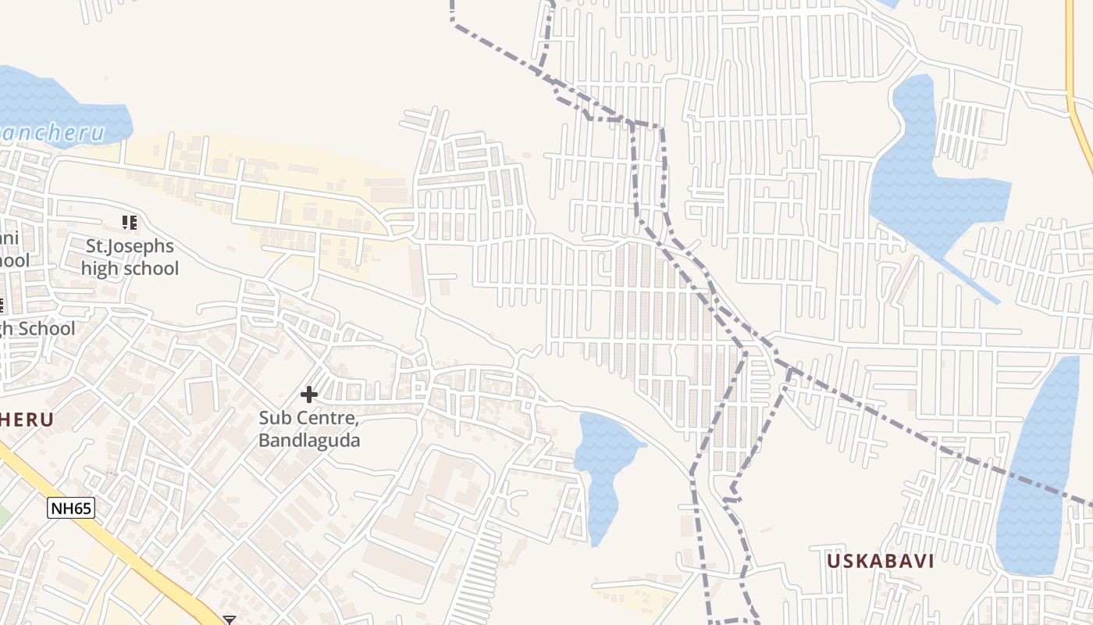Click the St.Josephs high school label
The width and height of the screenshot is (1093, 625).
pos(130,258)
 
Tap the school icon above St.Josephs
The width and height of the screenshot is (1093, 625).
pos(130,223)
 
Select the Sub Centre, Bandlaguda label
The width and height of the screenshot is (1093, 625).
pos(309,430)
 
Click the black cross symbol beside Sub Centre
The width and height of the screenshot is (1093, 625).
pos(309,395)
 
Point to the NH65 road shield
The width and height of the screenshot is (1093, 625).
pos(71,509)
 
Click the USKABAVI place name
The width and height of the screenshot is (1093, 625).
pos(880,562)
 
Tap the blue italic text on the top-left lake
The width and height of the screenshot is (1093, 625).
pos(52,133)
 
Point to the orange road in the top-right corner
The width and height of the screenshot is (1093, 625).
pos(1078,117)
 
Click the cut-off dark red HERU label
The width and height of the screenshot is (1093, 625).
pos(27,420)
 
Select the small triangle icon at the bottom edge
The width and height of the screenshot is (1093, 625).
pos(230,620)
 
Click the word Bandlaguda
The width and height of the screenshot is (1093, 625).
pos(309,441)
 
